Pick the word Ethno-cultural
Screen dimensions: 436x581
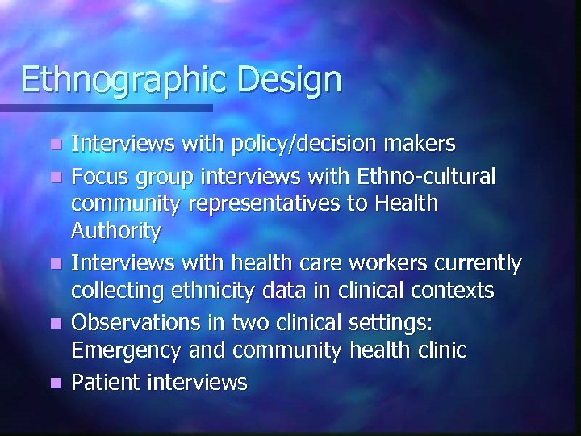click(x=439, y=176)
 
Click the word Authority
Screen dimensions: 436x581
click(x=116, y=232)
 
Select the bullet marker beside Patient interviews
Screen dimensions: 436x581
click(x=54, y=381)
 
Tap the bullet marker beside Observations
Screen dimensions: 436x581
click(x=54, y=323)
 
